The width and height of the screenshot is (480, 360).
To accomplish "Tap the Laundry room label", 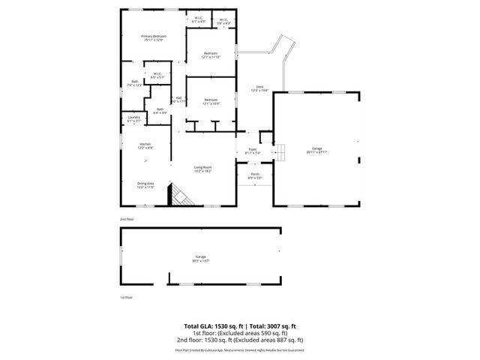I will click(134, 118).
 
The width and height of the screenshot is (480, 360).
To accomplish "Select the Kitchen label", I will click(145, 145).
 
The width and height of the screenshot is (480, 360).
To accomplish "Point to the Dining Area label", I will click(145, 185).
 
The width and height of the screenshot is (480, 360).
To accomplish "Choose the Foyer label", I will click(253, 151).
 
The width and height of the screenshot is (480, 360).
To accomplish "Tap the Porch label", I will click(255, 176).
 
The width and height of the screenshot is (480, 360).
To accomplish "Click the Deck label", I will click(259, 88).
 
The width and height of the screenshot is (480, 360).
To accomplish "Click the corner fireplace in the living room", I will click(180, 196).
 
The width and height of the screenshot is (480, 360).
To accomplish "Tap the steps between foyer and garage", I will click(280, 151).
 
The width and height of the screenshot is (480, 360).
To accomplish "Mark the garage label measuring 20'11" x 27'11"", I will click(316, 150).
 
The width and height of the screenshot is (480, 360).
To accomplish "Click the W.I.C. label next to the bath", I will click(158, 75).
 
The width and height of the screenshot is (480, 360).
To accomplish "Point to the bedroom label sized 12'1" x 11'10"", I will click(211, 55).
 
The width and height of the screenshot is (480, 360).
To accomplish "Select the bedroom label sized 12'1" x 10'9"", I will click(211, 101).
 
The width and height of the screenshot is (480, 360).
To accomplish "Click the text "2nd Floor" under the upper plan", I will click(127, 219).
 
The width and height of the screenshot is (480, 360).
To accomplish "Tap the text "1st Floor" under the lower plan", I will click(127, 298).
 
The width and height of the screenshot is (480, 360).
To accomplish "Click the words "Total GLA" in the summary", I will click(199, 326).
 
